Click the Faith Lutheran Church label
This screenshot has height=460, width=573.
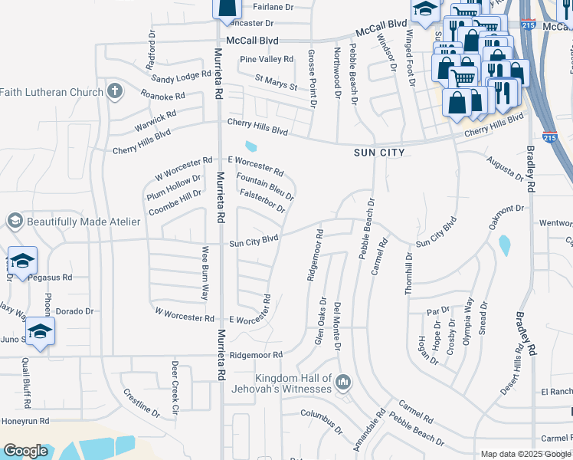click(51, 93)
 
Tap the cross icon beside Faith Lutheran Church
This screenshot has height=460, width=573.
click(115, 92)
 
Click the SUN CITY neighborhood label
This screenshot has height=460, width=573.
click(378, 153)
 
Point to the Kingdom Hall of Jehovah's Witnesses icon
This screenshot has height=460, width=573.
click(343, 381)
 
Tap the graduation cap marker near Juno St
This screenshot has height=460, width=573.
click(40, 332)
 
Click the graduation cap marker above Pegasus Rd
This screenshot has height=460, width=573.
click(22, 259)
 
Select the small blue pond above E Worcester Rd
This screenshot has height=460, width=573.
click(250, 146)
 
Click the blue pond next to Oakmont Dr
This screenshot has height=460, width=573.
click(504, 245)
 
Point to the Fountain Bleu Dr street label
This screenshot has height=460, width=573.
click(265, 186)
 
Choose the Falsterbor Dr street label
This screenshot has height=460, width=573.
click(262, 202)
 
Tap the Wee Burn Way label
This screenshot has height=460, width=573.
click(205, 273)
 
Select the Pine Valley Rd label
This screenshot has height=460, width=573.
click(266, 59)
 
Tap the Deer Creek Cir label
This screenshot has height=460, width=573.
click(175, 388)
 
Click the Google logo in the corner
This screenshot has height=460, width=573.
click(25, 451)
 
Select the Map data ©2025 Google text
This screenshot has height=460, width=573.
click(526, 454)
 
